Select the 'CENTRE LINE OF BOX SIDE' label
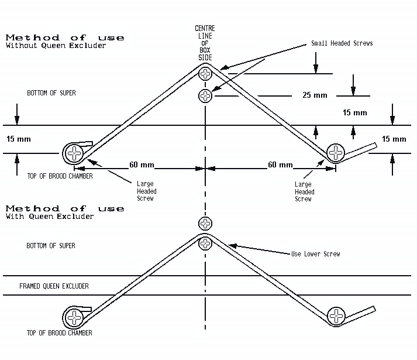(x=205, y=42)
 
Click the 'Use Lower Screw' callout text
(x=315, y=253)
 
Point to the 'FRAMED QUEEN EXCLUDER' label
(x=54, y=287)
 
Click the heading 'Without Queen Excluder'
(x=56, y=46)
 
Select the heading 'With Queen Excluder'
(x=50, y=217)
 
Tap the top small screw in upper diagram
(x=205, y=73)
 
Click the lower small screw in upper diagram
(x=205, y=95)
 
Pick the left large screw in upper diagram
(x=74, y=154)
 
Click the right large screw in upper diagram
(x=336, y=153)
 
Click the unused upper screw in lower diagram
(x=205, y=222)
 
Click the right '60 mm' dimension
(x=280, y=165)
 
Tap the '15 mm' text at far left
(x=18, y=139)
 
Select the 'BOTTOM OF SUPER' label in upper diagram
(x=51, y=93)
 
